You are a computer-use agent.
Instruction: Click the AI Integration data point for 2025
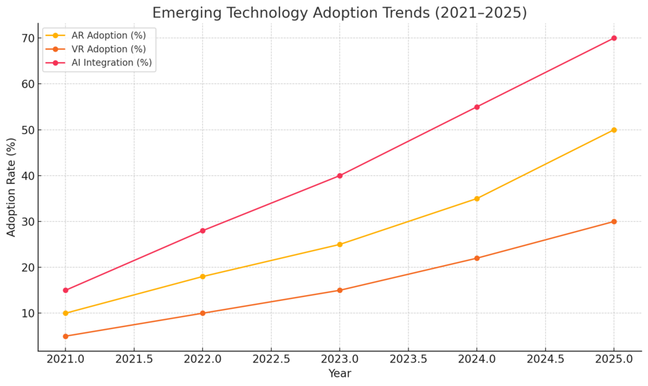613,38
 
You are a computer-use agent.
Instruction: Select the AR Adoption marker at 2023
339,244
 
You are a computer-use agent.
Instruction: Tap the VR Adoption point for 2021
65,336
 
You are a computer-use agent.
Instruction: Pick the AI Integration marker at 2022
202,230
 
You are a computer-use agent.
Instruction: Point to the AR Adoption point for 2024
477,198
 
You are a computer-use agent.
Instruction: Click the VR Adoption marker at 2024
477,258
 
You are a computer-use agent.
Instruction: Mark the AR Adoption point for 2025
613,130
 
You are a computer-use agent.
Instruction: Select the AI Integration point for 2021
65,290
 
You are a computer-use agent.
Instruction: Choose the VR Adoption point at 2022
202,313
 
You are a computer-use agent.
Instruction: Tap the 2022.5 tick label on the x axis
271,359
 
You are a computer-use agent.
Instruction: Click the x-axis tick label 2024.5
545,359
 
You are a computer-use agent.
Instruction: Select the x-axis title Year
339,374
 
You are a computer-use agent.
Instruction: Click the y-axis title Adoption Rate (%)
11,187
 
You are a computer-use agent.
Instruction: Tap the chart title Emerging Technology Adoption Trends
339,12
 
